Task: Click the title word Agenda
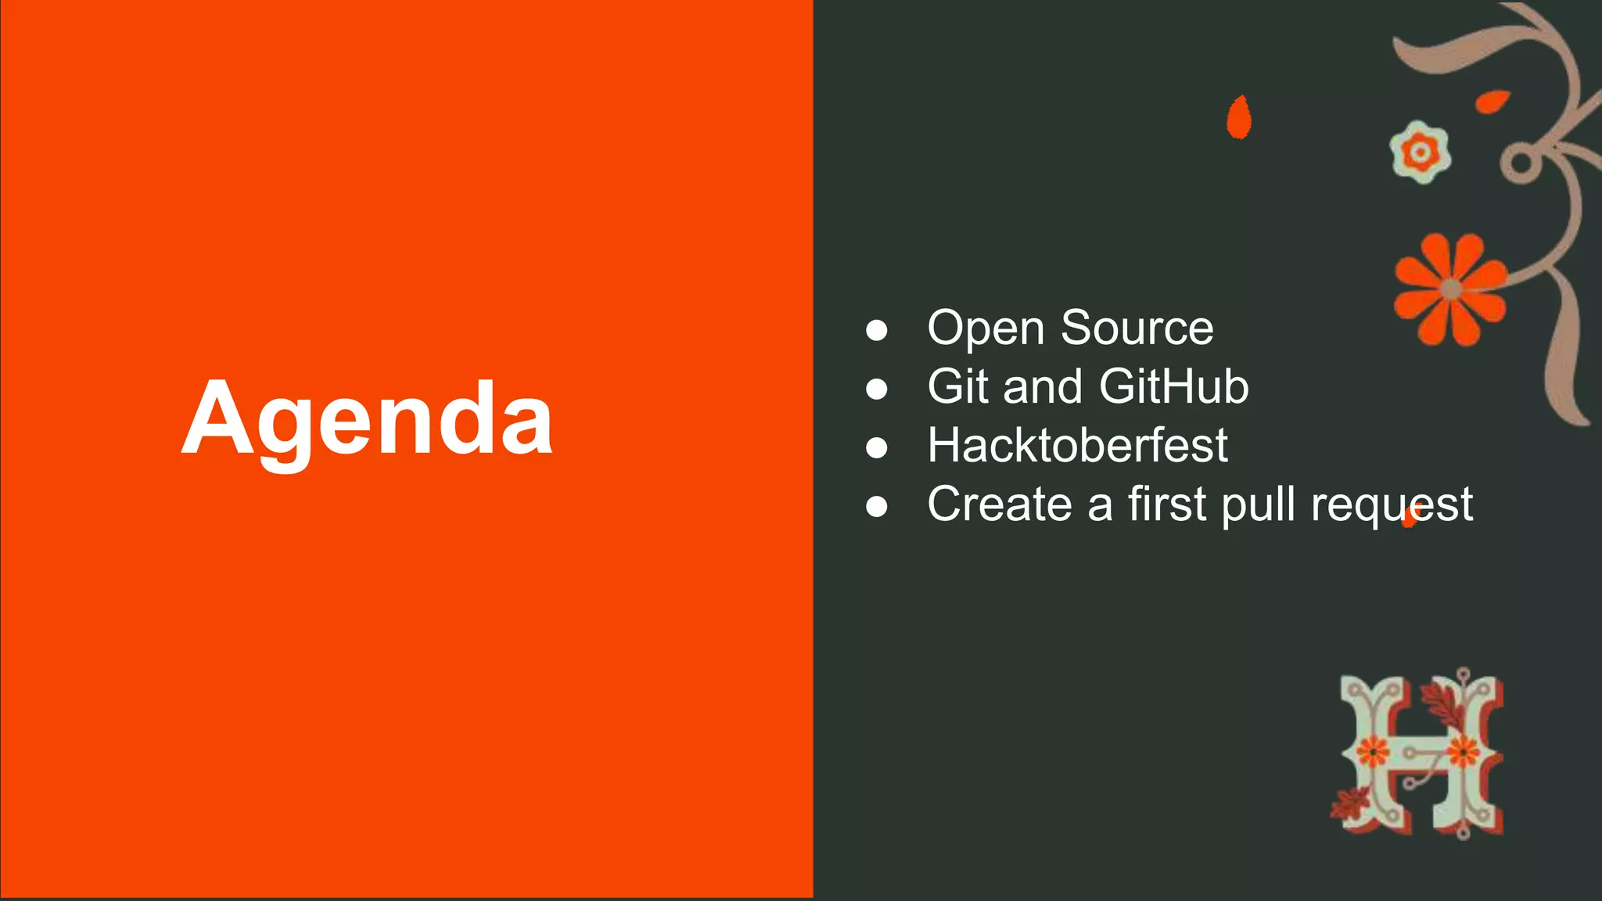click(x=367, y=419)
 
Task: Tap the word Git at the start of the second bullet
click(x=959, y=386)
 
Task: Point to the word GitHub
click(x=1173, y=386)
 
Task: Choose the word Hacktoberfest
click(x=1077, y=445)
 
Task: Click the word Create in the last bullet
click(x=999, y=504)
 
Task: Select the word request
click(x=1392, y=505)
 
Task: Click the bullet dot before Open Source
click(x=877, y=330)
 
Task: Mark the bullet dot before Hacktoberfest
click(x=877, y=447)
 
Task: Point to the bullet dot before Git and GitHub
click(x=877, y=389)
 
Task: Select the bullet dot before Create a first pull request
click(x=877, y=506)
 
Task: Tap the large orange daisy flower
click(x=1450, y=289)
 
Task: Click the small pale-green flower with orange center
click(x=1420, y=152)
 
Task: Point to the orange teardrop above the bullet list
click(x=1238, y=117)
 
